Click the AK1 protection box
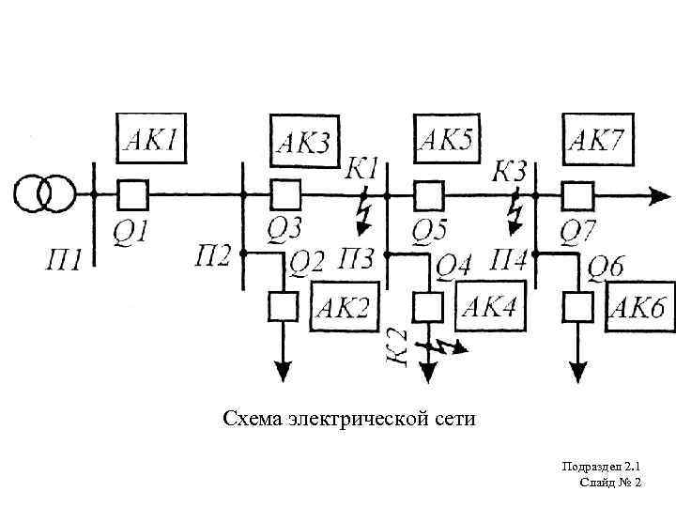click(x=151, y=140)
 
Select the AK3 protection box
click(x=303, y=141)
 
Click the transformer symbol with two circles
click(x=44, y=194)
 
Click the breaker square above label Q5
click(x=429, y=194)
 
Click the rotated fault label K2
click(x=397, y=347)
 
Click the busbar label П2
click(x=214, y=253)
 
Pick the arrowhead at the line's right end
click(x=661, y=195)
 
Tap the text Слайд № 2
click(x=611, y=482)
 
